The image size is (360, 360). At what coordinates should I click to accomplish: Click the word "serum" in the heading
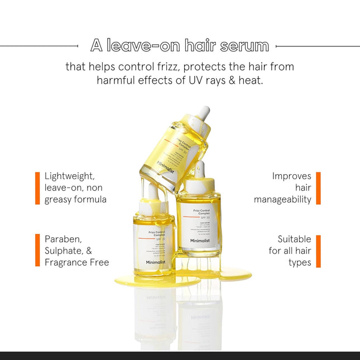pyautogui.click(x=243, y=45)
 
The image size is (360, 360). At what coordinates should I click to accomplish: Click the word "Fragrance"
pyautogui.click(x=67, y=262)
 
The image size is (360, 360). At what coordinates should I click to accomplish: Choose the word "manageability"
pyautogui.click(x=282, y=199)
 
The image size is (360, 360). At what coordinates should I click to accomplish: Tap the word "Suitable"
pyautogui.click(x=294, y=239)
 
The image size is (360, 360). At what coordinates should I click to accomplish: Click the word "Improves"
pyautogui.click(x=291, y=176)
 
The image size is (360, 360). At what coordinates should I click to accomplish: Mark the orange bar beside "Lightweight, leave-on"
pyautogui.click(x=37, y=188)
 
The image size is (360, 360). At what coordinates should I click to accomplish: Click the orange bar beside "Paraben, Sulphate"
pyautogui.click(x=37, y=251)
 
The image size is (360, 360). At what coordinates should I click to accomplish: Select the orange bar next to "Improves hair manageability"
pyautogui.click(x=318, y=188)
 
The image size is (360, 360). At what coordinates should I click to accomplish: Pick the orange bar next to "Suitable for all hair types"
pyautogui.click(x=318, y=251)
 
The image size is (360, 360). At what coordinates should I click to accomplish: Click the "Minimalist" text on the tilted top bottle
pyautogui.click(x=166, y=167)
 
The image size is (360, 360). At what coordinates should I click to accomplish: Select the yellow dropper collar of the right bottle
pyautogui.click(x=199, y=185)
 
